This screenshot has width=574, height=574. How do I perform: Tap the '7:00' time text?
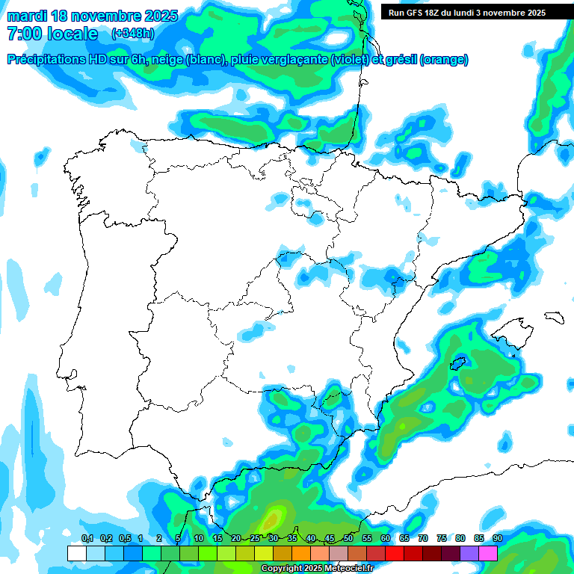coord(23,34)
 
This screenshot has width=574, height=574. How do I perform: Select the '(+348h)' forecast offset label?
coord(133,34)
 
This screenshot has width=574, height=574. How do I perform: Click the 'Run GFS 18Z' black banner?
coord(467,13)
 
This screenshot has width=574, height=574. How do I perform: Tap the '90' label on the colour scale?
coord(497,538)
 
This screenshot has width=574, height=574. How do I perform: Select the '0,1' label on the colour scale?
coord(87,538)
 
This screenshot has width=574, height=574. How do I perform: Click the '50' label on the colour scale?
coord(348,538)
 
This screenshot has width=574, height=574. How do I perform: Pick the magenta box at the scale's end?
coord(488,553)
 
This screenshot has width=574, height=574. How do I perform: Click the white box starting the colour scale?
coord(76,553)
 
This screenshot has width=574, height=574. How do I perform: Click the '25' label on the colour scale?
coord(255,538)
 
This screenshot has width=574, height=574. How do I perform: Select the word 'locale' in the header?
coord(72,34)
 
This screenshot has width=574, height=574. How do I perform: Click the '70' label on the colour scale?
coord(423,538)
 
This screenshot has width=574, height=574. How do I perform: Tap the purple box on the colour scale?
coord(469,553)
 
